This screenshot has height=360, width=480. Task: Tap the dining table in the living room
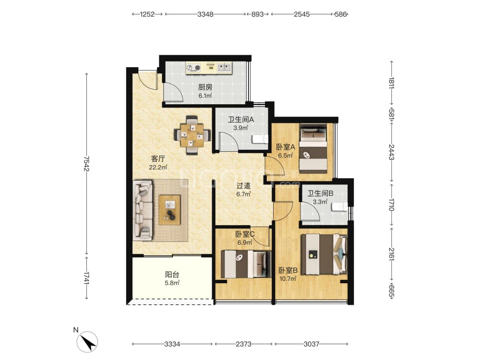[x=192, y=135]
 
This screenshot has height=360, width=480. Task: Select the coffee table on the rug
[x=169, y=210]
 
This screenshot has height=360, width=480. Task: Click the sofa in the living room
[x=143, y=210]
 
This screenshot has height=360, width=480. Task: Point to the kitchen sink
[x=224, y=67]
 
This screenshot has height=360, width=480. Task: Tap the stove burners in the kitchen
[x=193, y=67]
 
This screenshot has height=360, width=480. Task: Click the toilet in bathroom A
[x=260, y=139]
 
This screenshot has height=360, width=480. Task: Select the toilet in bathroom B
[x=340, y=207]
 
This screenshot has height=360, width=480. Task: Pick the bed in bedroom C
[x=246, y=264]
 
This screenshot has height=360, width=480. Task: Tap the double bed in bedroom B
[x=324, y=254]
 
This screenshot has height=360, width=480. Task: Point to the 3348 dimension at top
[x=205, y=14]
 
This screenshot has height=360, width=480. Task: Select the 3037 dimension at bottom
[x=312, y=344]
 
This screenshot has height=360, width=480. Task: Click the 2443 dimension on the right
[x=391, y=152]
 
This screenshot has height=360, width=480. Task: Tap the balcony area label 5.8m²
[x=172, y=283]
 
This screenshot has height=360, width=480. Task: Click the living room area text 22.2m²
[x=158, y=167]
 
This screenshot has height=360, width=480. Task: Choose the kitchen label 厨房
[x=205, y=87]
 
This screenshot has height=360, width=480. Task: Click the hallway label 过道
[x=243, y=186]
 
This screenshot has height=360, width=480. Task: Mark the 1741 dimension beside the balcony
[x=86, y=278]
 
